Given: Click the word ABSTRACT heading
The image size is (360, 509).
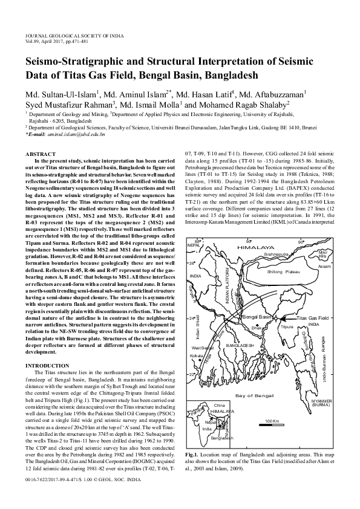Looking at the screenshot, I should (38, 155).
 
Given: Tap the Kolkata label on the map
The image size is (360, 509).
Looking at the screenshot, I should (196, 356).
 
